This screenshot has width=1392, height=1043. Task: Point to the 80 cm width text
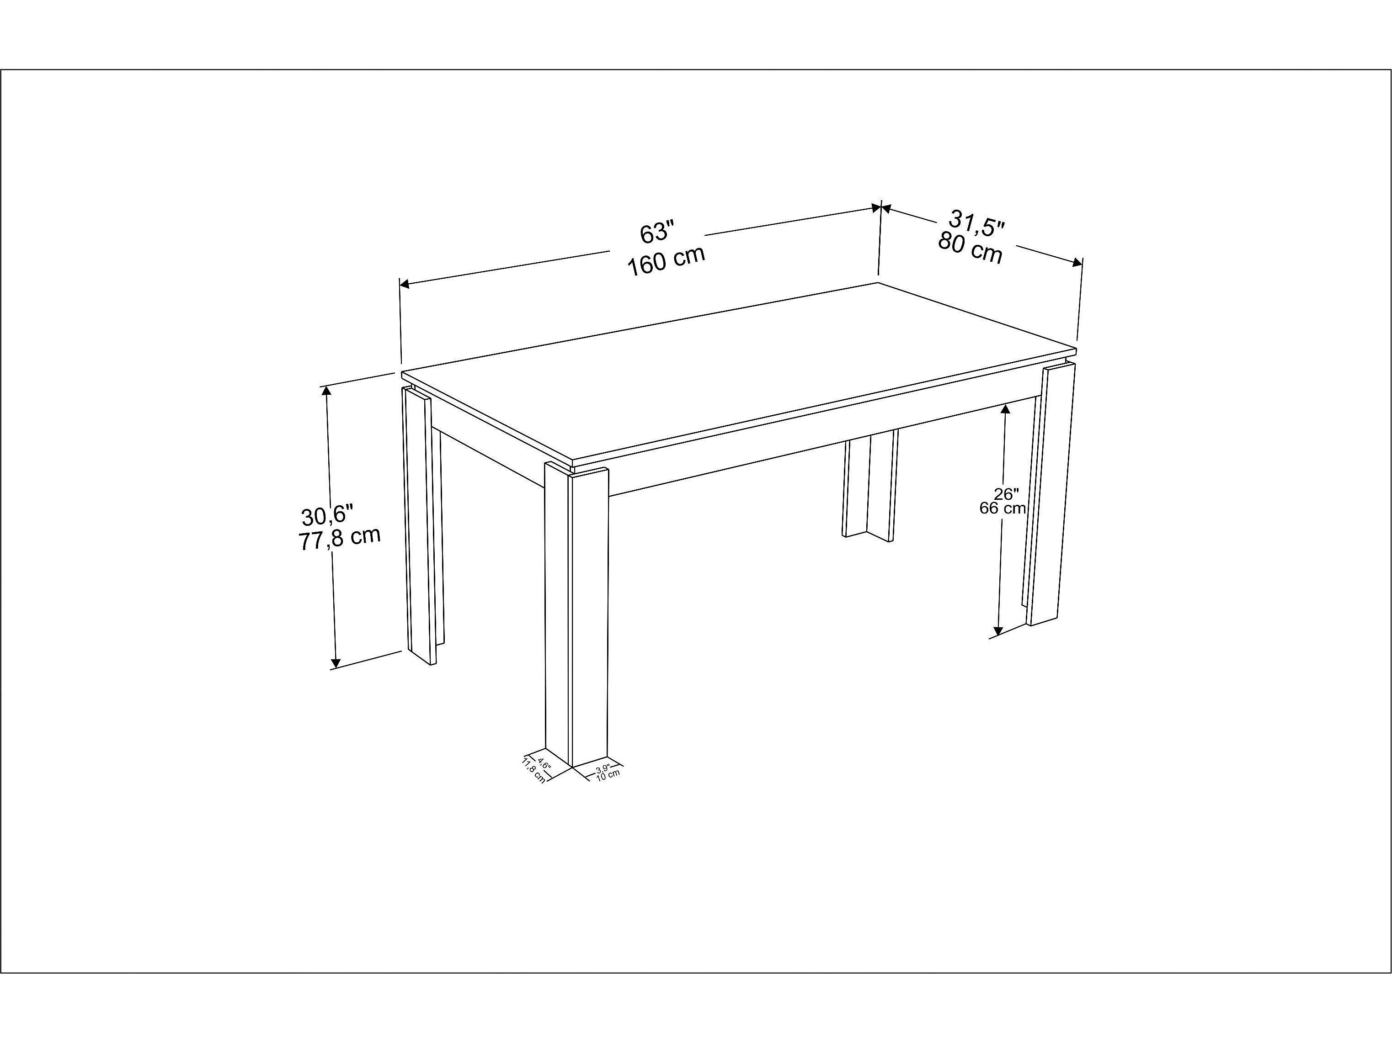pyautogui.click(x=970, y=248)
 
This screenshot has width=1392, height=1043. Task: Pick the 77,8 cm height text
pyautogui.click(x=340, y=539)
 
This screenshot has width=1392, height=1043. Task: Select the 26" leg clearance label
pyautogui.click(x=1006, y=494)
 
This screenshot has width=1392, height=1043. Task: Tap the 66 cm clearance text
pyautogui.click(x=1003, y=508)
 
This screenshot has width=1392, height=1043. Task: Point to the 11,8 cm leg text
pyautogui.click(x=533, y=771)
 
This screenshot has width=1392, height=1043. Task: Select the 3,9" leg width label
pyautogui.click(x=603, y=768)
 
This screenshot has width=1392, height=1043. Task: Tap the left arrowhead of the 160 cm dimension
pyautogui.click(x=405, y=284)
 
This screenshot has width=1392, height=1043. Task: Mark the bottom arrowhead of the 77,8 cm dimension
pyautogui.click(x=336, y=663)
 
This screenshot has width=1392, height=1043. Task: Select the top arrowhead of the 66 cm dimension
pyautogui.click(x=1006, y=409)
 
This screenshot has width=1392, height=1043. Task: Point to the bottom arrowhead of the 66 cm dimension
pyautogui.click(x=998, y=630)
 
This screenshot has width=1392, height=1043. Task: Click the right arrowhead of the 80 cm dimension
pyautogui.click(x=1078, y=262)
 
